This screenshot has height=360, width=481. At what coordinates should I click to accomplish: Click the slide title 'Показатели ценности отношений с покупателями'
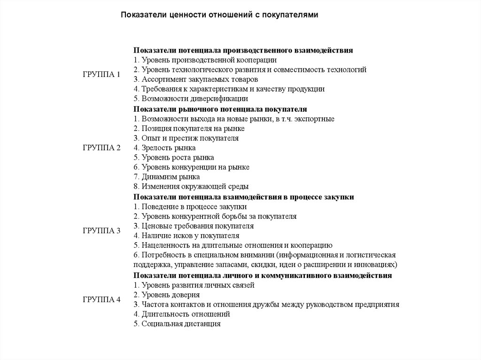coord(220,15)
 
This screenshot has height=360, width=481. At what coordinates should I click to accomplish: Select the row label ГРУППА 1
coord(102,75)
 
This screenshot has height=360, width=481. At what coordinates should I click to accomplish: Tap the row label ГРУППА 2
coord(102,148)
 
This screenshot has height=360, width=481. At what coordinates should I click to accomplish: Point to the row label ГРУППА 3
coord(102,231)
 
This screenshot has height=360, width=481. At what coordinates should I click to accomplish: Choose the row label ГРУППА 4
coord(102,299)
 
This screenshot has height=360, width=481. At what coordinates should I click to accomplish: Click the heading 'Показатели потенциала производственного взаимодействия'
coord(243,50)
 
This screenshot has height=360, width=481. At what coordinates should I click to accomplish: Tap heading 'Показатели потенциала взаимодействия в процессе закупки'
coord(243,197)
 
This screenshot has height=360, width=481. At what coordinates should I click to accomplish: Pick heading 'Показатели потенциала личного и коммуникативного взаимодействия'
coord(263,275)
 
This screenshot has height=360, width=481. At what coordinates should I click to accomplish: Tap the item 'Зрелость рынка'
coord(164,148)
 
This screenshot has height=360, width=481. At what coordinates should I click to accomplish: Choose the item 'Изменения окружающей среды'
coord(191,187)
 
